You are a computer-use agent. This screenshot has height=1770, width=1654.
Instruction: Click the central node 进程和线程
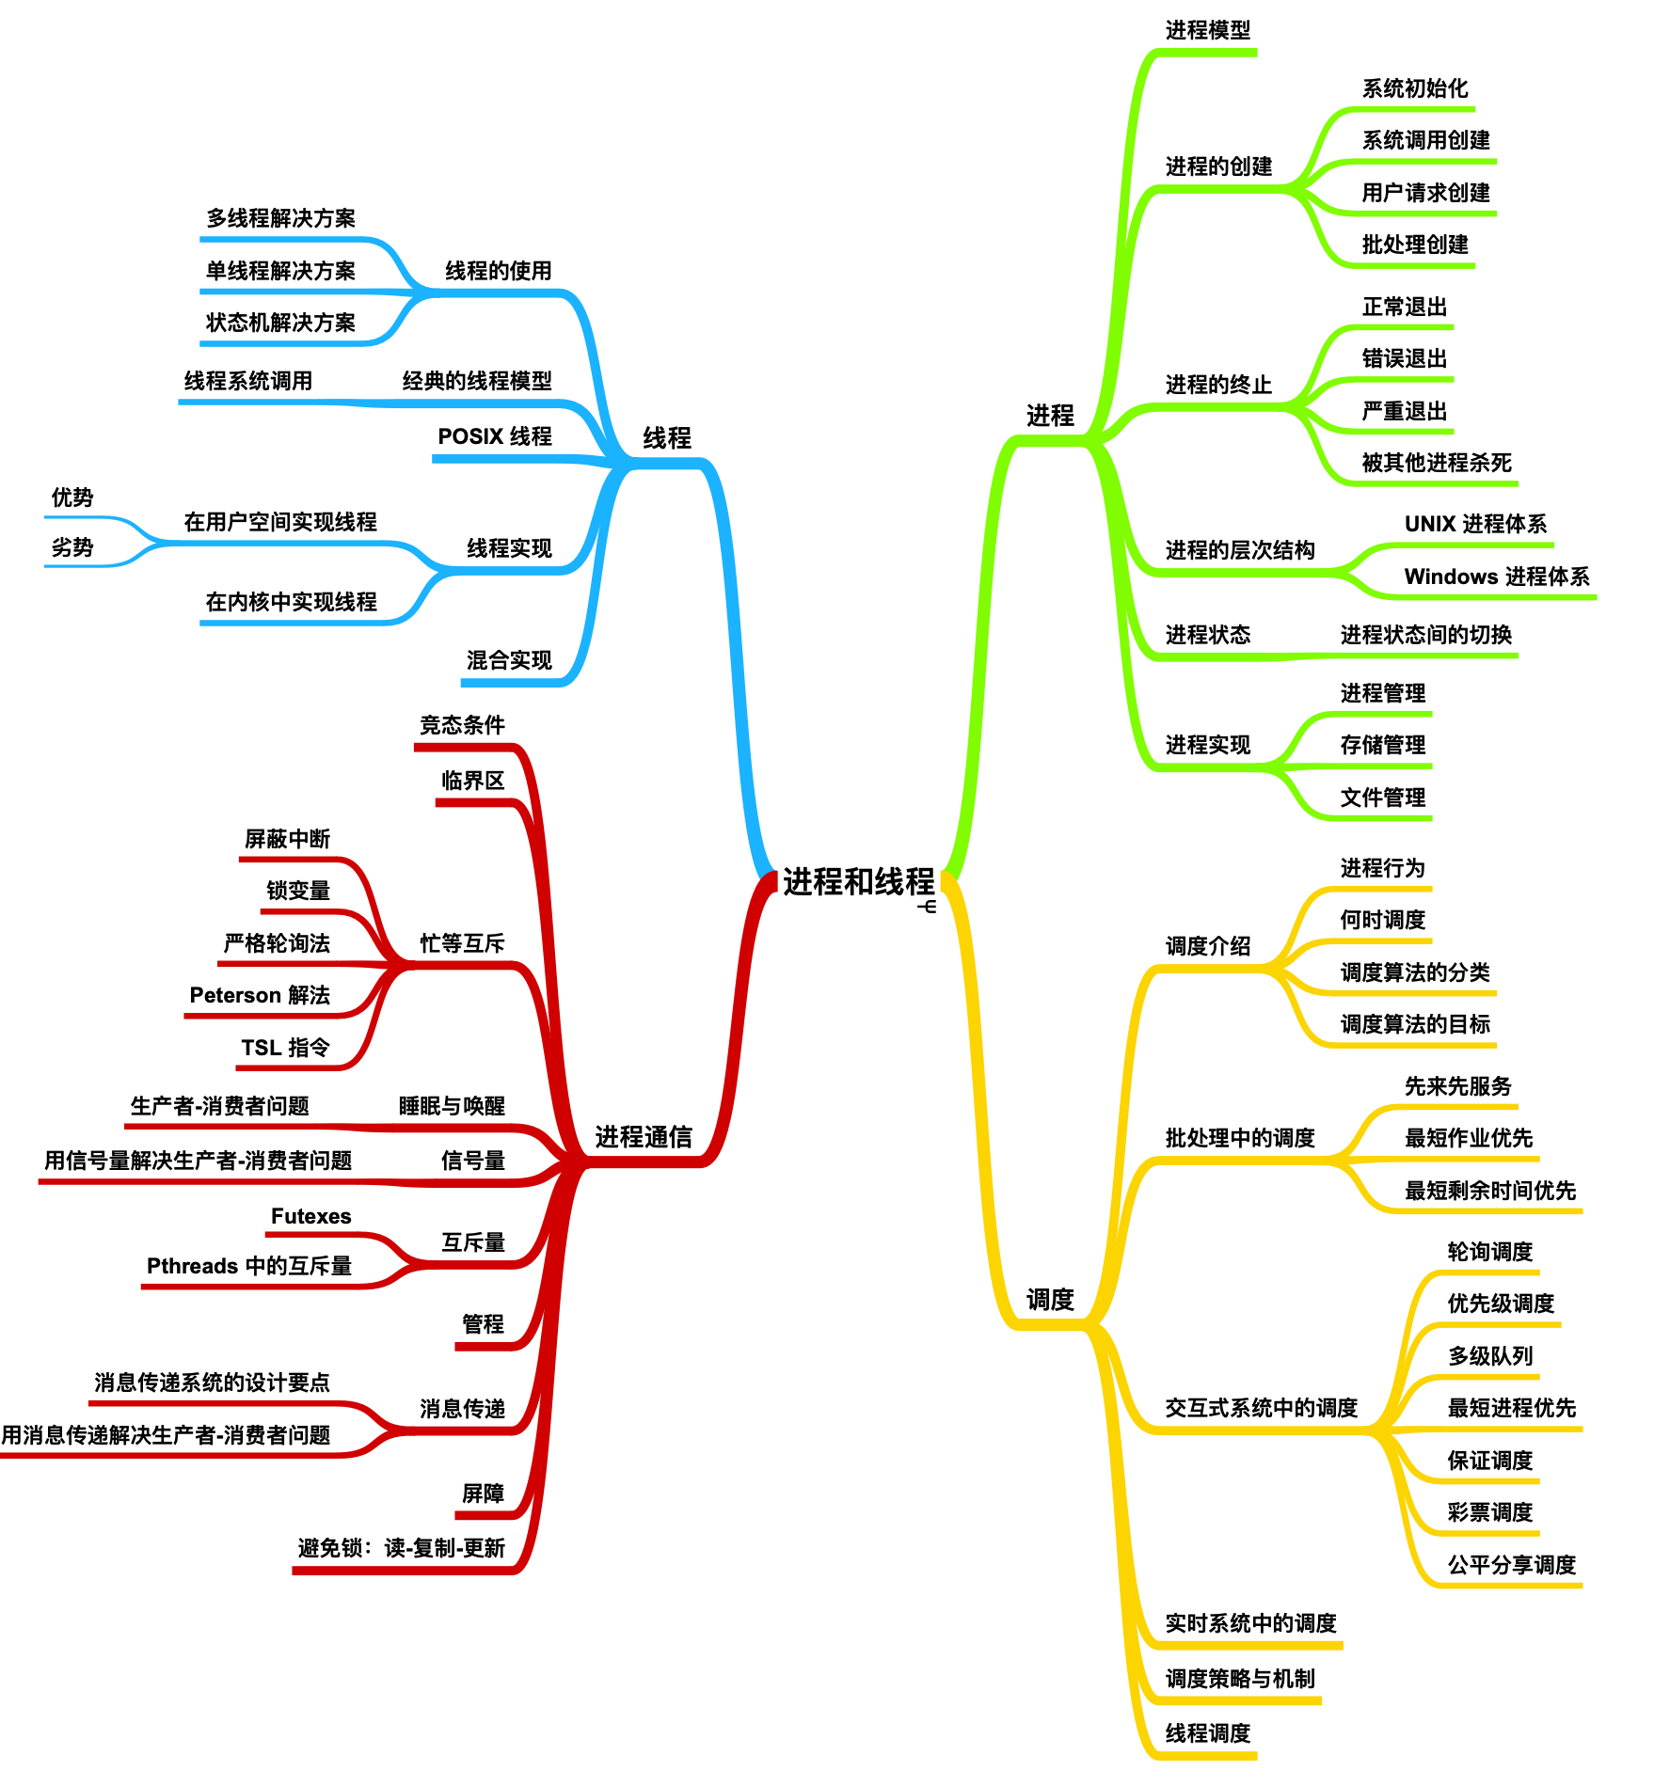(x=858, y=882)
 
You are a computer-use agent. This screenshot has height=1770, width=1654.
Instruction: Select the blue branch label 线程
(x=666, y=438)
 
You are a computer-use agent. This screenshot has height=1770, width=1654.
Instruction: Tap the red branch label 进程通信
(x=643, y=1138)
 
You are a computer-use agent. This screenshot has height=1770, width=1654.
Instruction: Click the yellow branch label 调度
(x=1049, y=1300)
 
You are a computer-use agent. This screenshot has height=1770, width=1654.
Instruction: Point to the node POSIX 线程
(x=495, y=436)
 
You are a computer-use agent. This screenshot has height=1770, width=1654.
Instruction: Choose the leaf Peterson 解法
(x=260, y=995)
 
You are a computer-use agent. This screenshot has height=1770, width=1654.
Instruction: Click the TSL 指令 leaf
(x=285, y=1048)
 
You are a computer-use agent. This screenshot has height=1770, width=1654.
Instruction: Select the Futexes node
(x=310, y=1216)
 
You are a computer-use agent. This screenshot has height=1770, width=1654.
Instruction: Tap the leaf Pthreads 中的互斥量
(x=249, y=1266)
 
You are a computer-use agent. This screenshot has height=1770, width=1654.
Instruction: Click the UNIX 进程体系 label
(x=1475, y=524)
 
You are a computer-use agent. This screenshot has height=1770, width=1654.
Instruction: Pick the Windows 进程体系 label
(x=1496, y=577)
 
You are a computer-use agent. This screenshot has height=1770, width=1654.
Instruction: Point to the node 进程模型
(x=1208, y=30)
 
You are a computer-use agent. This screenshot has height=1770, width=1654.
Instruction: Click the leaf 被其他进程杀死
(x=1437, y=463)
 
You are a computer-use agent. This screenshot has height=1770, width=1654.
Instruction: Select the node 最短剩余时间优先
(x=1489, y=1191)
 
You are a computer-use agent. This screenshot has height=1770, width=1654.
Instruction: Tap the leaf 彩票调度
(x=1489, y=1512)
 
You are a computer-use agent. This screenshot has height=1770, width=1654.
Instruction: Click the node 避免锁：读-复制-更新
(x=402, y=1548)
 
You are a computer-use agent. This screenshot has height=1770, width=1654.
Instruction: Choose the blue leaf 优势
(x=72, y=498)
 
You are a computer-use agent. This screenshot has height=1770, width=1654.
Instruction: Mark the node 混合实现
(x=509, y=660)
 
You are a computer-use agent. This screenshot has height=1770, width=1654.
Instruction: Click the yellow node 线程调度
(x=1208, y=1733)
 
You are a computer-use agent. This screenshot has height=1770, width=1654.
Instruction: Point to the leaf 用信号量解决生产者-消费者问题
(x=198, y=1161)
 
